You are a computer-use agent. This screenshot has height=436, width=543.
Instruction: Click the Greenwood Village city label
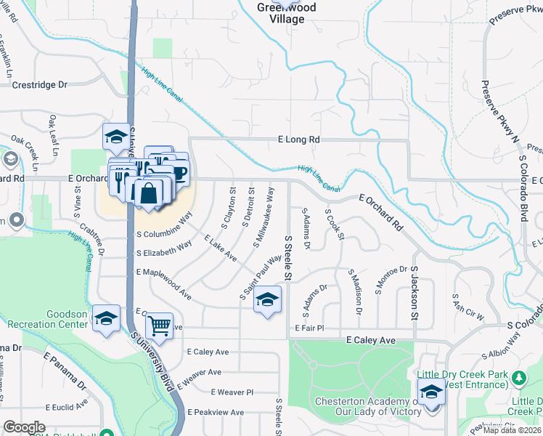(281, 14)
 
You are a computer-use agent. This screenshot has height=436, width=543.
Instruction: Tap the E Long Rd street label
(298, 139)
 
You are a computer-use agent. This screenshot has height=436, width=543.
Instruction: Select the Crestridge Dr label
(40, 85)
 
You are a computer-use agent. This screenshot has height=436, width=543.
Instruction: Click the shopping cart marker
(159, 326)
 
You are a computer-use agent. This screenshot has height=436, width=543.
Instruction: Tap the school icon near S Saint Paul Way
(267, 299)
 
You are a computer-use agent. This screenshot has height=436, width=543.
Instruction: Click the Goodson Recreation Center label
(57, 319)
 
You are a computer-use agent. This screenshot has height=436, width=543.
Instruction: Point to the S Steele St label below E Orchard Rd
(287, 258)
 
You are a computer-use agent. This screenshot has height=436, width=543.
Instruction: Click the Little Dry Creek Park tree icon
(519, 377)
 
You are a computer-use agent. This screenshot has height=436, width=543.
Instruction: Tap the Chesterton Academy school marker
(432, 392)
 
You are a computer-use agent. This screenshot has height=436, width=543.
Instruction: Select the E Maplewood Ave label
(163, 282)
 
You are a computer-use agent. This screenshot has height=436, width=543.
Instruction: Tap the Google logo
(24, 427)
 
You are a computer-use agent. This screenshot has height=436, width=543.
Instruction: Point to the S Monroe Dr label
(388, 279)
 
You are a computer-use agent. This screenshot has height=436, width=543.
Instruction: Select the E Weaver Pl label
(232, 392)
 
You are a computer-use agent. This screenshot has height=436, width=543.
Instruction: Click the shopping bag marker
(149, 194)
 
